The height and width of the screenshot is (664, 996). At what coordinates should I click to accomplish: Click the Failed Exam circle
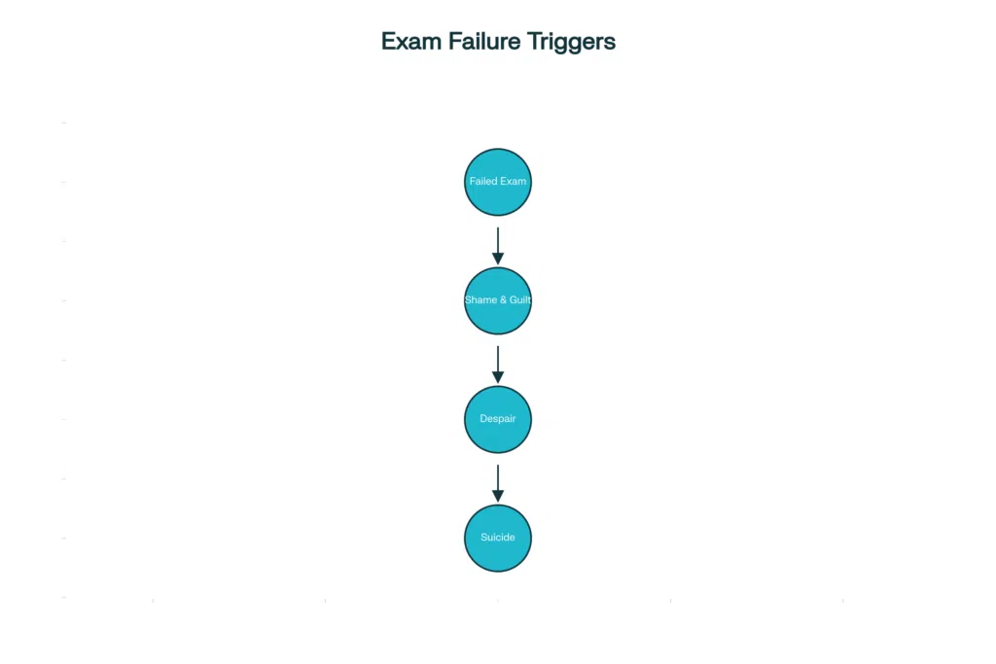pyautogui.click(x=498, y=182)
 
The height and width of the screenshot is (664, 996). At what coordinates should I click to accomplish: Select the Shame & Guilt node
pyautogui.click(x=498, y=300)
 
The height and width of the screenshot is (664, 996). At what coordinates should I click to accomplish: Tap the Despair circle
pyautogui.click(x=498, y=419)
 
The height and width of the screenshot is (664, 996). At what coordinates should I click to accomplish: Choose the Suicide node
pyautogui.click(x=498, y=538)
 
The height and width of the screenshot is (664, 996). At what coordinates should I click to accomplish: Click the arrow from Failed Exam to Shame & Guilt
pyautogui.click(x=498, y=243)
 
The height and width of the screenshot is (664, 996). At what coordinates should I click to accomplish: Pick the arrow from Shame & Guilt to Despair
pyautogui.click(x=498, y=362)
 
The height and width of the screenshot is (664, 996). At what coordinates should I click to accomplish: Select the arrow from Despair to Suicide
pyautogui.click(x=498, y=480)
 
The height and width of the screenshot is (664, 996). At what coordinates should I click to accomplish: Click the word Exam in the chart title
pyautogui.click(x=410, y=42)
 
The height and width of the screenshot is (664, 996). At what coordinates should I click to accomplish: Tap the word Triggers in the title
pyautogui.click(x=573, y=43)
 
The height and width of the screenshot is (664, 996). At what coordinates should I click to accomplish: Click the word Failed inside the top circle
pyautogui.click(x=483, y=182)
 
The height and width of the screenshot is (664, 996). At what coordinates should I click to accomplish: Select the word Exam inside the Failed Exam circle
pyautogui.click(x=514, y=182)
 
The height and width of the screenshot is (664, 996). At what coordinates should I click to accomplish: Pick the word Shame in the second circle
pyautogui.click(x=480, y=300)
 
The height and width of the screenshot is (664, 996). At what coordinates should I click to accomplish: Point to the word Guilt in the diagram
pyautogui.click(x=520, y=300)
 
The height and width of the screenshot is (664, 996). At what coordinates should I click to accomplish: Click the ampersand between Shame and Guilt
pyautogui.click(x=502, y=300)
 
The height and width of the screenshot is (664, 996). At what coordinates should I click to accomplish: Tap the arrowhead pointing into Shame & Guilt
pyautogui.click(x=498, y=258)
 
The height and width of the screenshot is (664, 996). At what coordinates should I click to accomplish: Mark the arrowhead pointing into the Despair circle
pyautogui.click(x=498, y=376)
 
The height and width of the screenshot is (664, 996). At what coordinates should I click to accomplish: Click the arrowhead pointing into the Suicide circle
pyautogui.click(x=498, y=495)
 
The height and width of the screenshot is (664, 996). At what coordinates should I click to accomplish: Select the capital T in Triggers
pyautogui.click(x=534, y=42)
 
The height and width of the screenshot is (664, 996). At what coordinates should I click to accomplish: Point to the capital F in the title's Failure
pyautogui.click(x=453, y=42)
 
